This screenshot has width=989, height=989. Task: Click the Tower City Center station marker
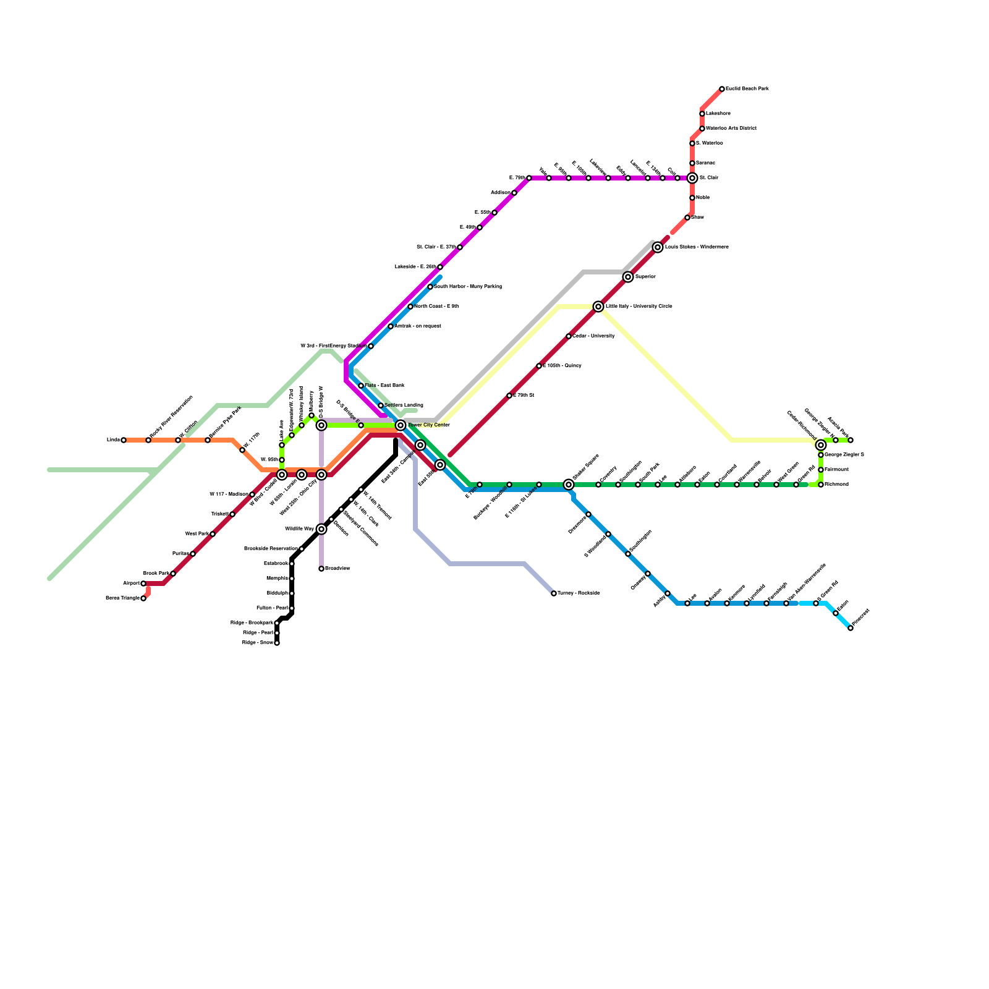point(401,425)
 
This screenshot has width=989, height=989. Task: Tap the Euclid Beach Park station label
point(747,89)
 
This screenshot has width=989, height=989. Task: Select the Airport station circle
point(143,584)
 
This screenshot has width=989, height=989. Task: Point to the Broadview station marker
point(321,569)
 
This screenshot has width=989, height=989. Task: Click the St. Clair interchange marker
point(692,178)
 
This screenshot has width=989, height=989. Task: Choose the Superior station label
point(645,277)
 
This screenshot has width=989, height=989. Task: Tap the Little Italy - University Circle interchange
point(598,307)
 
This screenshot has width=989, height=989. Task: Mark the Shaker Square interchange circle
point(569,485)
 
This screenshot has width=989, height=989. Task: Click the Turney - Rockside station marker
point(554,593)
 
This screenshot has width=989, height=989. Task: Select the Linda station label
point(113,440)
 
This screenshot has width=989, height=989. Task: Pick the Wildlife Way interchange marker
point(321,529)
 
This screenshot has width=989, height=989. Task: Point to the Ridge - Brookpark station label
point(252,623)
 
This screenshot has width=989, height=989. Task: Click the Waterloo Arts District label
point(731,129)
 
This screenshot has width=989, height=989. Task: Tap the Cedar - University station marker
point(569,336)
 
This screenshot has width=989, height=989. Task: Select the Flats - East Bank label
point(384,386)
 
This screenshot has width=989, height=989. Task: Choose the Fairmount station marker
point(821,470)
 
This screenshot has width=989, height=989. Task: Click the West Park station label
point(197,534)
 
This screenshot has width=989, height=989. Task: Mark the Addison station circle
point(514,193)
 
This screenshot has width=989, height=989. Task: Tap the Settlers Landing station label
point(404,405)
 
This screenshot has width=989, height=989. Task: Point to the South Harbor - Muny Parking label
point(468,287)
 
